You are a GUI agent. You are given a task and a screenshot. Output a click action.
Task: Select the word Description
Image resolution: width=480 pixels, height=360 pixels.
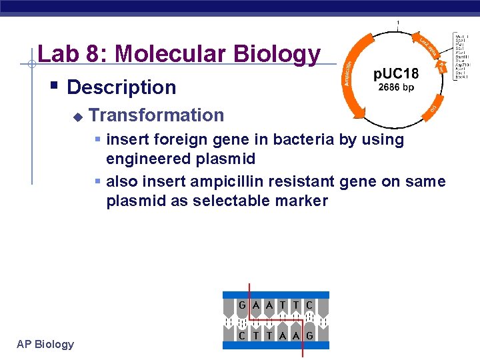click(121, 87)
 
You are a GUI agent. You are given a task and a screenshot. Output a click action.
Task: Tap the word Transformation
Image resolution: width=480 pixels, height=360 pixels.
click(156, 115)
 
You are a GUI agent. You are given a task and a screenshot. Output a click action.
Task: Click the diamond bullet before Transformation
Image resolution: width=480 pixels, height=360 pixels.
click(77, 117)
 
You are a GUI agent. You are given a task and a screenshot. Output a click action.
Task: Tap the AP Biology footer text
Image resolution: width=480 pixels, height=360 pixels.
click(45, 344)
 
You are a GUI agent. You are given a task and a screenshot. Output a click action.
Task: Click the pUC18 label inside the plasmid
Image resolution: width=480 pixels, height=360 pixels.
click(396, 73)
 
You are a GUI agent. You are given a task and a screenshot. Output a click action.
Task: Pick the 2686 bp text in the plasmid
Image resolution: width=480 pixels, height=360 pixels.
click(396, 87)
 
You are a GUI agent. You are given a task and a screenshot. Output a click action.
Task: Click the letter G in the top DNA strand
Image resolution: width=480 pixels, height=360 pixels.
click(243, 305)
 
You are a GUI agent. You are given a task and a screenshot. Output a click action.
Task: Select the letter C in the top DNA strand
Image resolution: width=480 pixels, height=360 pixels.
click(309, 305)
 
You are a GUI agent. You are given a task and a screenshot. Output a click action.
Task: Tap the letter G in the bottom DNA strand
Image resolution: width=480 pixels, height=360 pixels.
click(309, 336)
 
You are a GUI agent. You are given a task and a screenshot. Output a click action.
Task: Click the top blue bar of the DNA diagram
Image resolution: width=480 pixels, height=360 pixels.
click(275, 295)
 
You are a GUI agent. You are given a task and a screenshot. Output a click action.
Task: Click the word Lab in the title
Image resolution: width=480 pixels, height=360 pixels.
click(57, 53)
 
